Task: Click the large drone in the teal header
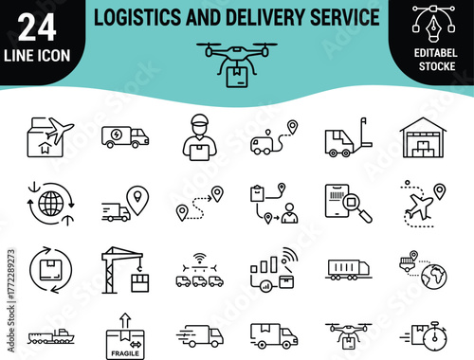click(237, 61)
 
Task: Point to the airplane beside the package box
click(58, 130)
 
